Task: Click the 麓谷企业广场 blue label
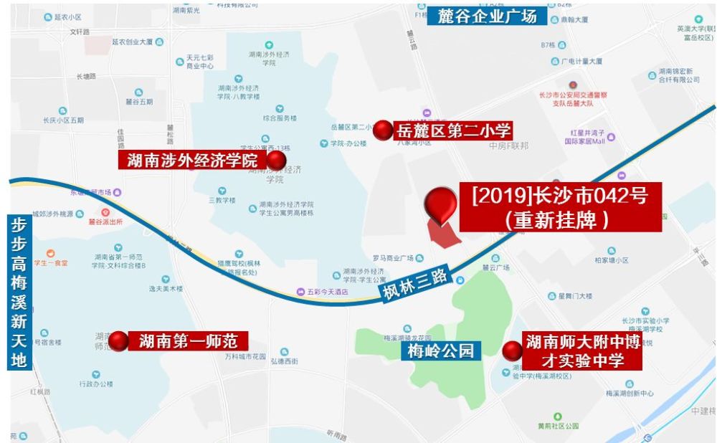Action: (487, 16)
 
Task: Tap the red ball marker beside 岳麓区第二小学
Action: (383, 130)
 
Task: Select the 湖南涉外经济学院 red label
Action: (192, 160)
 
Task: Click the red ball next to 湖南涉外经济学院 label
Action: (276, 160)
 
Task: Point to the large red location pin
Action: (440, 205)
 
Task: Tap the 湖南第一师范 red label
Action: (188, 341)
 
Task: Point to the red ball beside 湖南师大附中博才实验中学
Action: (512, 351)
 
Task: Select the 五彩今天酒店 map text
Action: (327, 292)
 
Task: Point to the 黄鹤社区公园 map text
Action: (558, 426)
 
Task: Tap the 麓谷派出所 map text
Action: (106, 221)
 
